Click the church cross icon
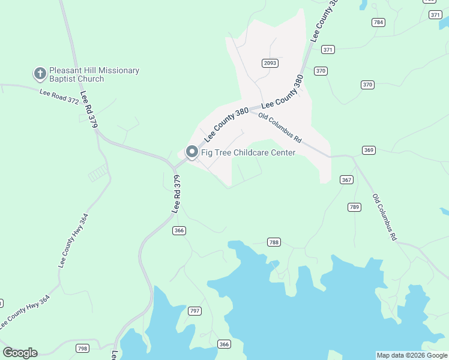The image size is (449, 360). coord(40,74)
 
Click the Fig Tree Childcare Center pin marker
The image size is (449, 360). coord(192,152)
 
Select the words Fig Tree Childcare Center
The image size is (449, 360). coord(248,152)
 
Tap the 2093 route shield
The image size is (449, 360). coord(269,63)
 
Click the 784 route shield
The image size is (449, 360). coord(378,22)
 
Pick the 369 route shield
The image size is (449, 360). coord(369,149)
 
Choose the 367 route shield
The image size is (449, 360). coord(346,179)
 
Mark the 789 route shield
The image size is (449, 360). coord(354,207)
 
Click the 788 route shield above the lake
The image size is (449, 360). coord(274,242)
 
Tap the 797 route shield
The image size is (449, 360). coord(194,310)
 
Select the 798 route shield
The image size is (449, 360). coord(83,348)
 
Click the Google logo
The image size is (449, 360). coord(20,353)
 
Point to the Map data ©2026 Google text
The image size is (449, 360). coord(412,355)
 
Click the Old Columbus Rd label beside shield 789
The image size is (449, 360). coord(385,217)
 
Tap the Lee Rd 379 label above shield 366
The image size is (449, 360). coord(176,194)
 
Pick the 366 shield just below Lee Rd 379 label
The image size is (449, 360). coord(179,230)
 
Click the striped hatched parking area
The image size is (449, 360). coord(98,173)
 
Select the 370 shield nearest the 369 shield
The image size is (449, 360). coord(367,85)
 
